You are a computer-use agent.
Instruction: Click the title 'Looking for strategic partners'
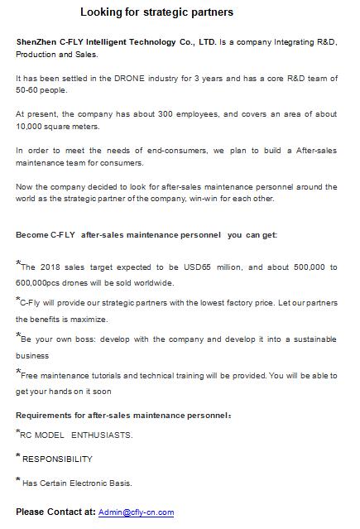(156, 12)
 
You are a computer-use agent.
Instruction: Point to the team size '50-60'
(29, 89)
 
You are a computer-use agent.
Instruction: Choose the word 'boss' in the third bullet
(83, 339)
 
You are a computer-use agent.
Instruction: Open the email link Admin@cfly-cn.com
(136, 512)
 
